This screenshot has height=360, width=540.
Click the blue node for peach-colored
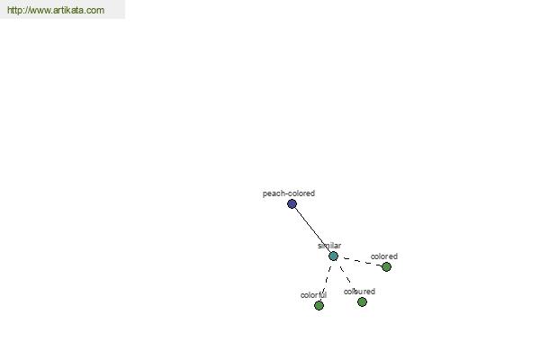point(292,204)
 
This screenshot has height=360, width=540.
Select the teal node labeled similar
point(333,256)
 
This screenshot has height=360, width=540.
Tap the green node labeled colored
point(386,266)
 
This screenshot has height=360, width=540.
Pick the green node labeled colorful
point(319,306)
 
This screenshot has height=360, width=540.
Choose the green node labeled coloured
point(362,302)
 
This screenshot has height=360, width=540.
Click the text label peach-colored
point(289,193)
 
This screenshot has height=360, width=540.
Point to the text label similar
point(329,246)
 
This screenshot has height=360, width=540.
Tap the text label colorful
point(313,295)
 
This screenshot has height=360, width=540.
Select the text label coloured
point(359,292)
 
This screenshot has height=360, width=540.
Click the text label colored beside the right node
point(384,256)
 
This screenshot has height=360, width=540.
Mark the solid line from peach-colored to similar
point(312,229)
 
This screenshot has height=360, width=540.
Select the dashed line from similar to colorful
point(326,281)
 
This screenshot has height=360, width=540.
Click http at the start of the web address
point(14,10)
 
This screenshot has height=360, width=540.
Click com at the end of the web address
point(95,10)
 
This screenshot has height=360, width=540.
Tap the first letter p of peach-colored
point(265,194)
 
